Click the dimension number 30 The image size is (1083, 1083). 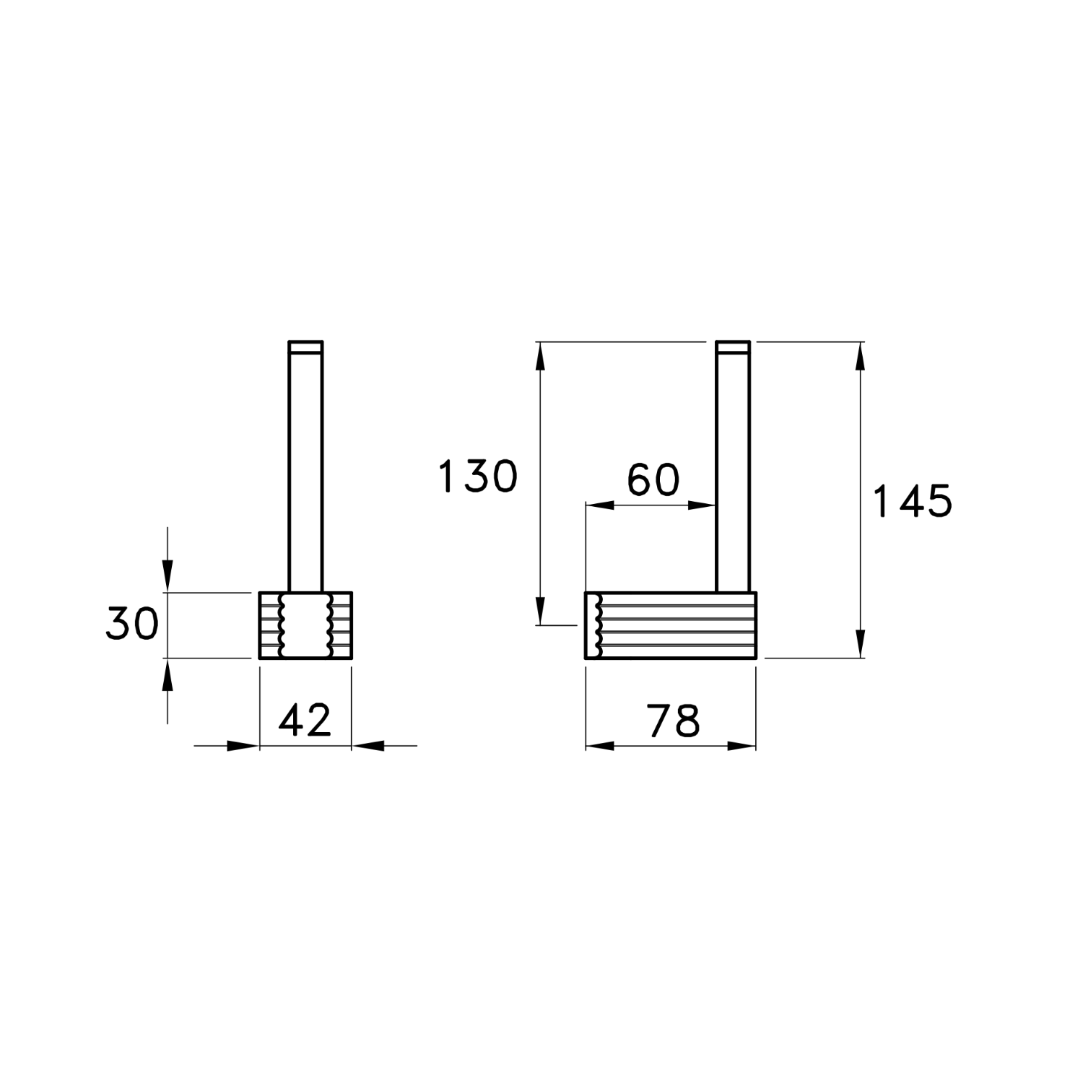132,624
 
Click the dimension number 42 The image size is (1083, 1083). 305,720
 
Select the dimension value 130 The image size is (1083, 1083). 478,477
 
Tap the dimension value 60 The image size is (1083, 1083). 653,481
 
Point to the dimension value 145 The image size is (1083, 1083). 913,501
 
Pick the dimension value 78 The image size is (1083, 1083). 673,720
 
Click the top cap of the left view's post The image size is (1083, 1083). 305,347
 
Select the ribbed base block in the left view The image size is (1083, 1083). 305,625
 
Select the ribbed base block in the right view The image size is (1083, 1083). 671,625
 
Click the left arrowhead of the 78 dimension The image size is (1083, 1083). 599,746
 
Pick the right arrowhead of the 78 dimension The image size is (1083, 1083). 742,746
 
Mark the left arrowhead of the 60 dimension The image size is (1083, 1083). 599,505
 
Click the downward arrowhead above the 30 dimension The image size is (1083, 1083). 168,578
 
